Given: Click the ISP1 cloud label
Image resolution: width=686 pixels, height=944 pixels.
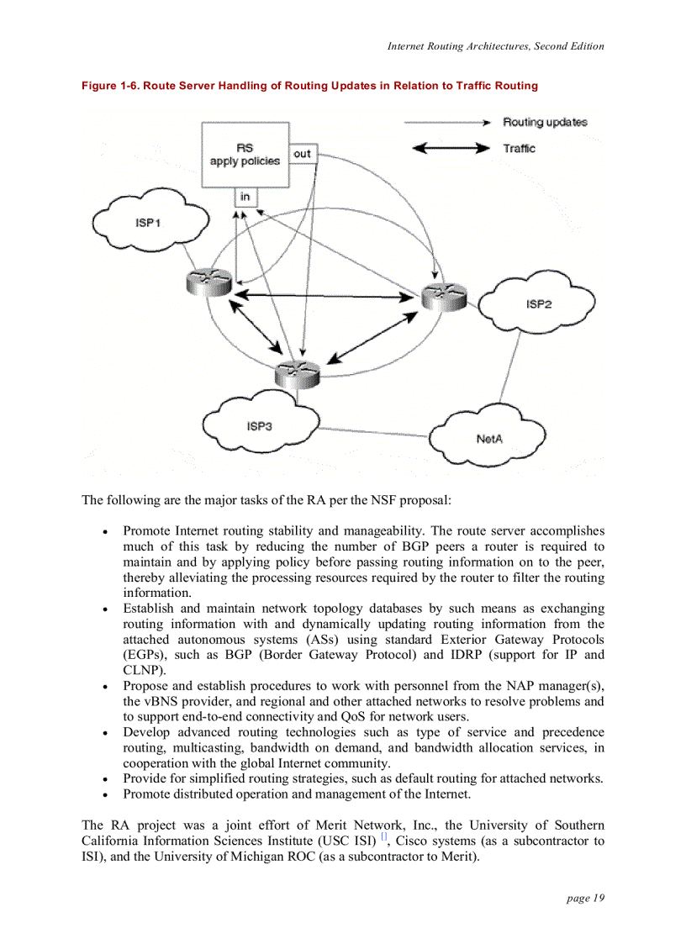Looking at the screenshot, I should coord(148,223).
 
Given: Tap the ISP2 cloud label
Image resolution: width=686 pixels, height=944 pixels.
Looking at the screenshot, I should coord(539,304).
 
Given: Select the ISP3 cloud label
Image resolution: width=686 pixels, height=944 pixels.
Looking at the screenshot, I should coord(259,426).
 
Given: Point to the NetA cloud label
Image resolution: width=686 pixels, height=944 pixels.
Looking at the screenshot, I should coord(489,439).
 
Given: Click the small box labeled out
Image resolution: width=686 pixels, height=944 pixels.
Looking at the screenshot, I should coord(302,154).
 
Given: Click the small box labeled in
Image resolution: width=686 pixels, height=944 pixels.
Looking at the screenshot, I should coord(245,198).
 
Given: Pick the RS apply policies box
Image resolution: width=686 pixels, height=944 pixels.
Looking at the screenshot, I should coord(245,155).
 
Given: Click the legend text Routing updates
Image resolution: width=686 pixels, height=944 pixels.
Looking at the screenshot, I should coord(545,123).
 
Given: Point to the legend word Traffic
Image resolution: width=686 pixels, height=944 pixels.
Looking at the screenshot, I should coord(519,148).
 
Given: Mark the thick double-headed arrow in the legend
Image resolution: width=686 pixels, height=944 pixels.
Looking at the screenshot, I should coord(447,149).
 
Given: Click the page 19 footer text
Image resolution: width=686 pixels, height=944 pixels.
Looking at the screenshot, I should coord(585,899).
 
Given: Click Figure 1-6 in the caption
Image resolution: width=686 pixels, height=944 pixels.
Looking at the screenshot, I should coord(109,86).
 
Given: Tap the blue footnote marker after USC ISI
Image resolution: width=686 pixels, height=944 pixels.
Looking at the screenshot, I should coord(383,837).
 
